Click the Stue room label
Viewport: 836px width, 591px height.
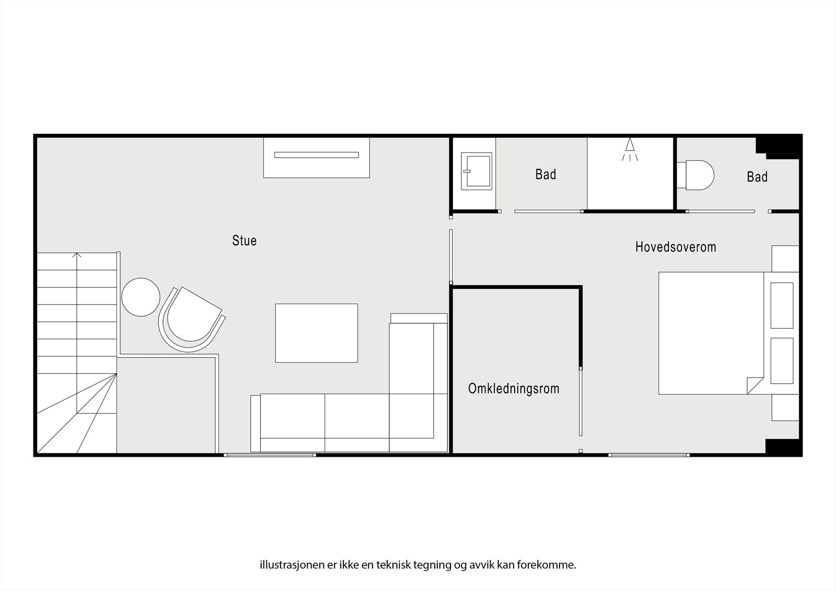click(x=245, y=240)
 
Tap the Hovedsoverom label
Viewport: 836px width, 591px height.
click(x=676, y=247)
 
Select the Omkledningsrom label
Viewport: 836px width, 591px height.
click(x=514, y=389)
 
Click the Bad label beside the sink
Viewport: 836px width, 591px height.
click(x=545, y=175)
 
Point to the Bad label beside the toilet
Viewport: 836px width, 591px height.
click(x=757, y=177)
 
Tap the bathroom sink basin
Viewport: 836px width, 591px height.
click(x=477, y=171)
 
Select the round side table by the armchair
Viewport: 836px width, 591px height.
click(x=141, y=297)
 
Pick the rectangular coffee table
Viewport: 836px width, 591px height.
click(x=317, y=333)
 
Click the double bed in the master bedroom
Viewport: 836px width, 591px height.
click(x=711, y=333)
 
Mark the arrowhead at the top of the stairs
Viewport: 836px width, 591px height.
click(x=77, y=255)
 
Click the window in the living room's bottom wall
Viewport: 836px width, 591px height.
click(x=270, y=455)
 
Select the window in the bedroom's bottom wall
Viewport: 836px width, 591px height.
click(x=648, y=455)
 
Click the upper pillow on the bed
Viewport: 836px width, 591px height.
click(x=782, y=305)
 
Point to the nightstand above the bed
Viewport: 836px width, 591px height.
click(x=785, y=259)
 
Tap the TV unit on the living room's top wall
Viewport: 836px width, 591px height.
click(x=317, y=157)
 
